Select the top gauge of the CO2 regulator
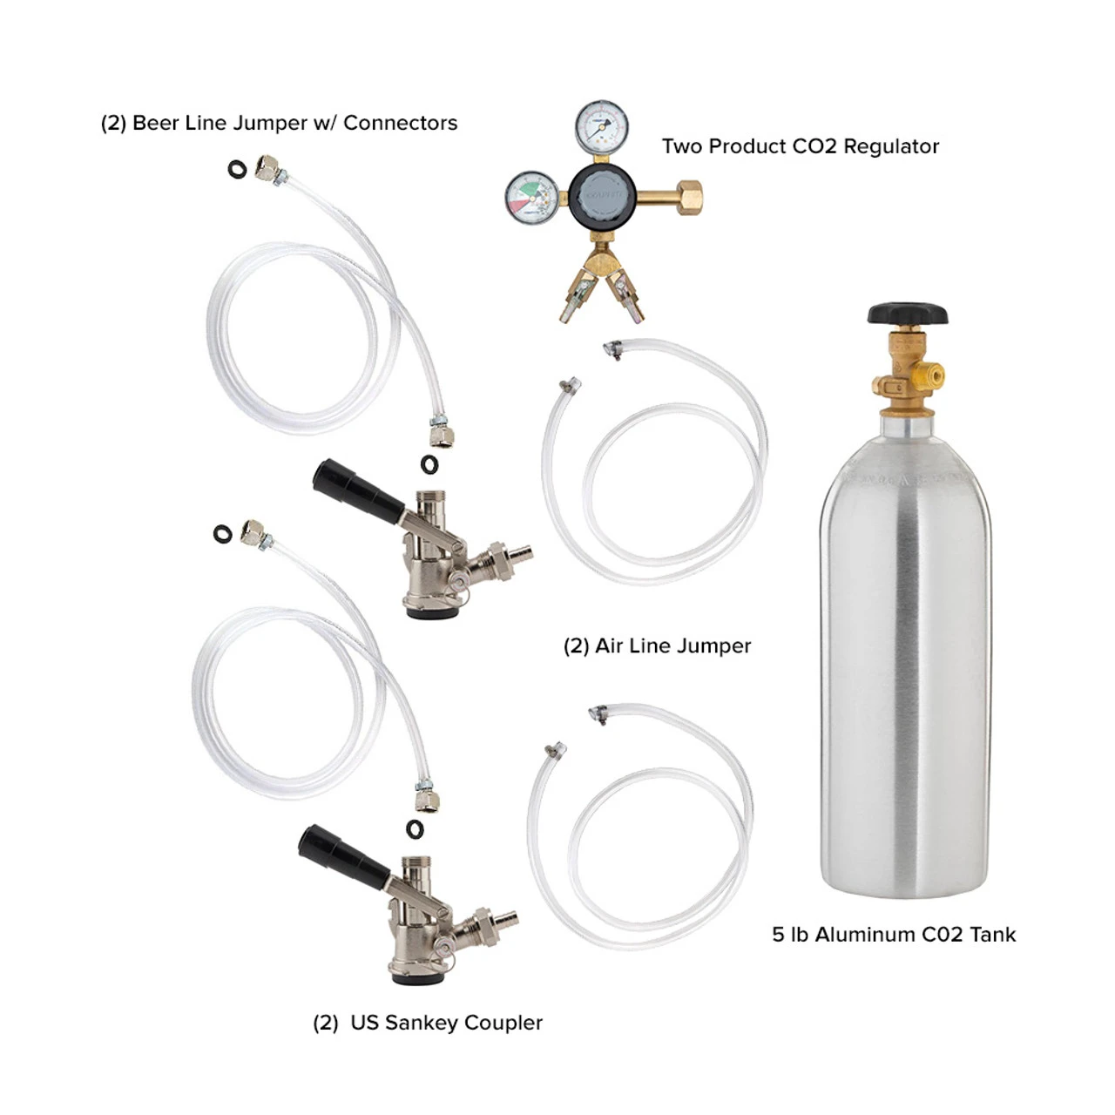602,125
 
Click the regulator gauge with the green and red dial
531,198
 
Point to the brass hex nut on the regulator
689,198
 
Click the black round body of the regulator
602,198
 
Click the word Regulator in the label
891,147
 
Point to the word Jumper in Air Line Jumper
712,645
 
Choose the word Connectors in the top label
400,123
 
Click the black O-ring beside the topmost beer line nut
237,169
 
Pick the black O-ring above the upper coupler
429,464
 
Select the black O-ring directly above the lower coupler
415,828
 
